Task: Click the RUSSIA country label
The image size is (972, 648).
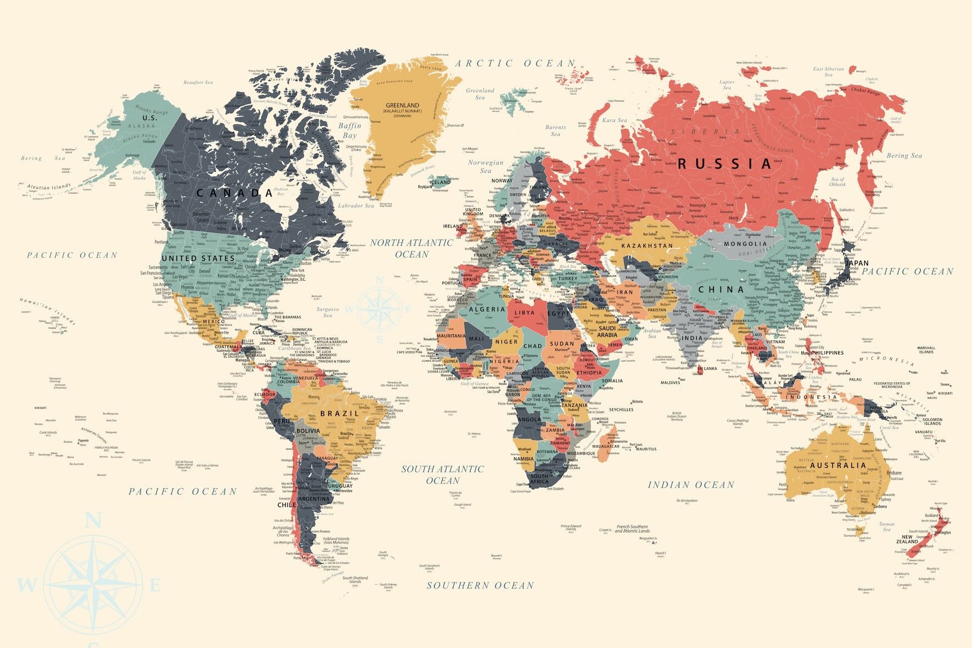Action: [725, 164]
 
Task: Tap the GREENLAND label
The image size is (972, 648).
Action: [402, 105]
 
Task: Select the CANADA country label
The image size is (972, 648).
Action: [235, 193]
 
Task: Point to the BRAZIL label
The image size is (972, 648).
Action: [340, 413]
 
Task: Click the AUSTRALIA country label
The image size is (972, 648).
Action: [838, 465]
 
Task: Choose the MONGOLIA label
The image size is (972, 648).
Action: [745, 243]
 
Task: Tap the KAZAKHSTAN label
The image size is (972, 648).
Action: [647, 246]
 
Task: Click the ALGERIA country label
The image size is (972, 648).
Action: [487, 309]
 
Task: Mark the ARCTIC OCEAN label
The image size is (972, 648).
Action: [515, 64]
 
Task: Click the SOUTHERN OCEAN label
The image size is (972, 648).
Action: [480, 585]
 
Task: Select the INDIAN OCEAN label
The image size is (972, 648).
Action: [691, 485]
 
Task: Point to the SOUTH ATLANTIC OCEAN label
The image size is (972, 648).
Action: [443, 475]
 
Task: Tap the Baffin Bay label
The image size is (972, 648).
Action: [350, 130]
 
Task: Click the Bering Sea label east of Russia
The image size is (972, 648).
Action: [904, 156]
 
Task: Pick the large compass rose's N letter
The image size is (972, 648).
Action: [94, 520]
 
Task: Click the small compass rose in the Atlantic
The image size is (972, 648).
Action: [379, 309]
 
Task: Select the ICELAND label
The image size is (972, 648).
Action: [440, 182]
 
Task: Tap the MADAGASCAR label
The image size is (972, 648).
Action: [605, 446]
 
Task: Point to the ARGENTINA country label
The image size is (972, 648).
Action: [314, 499]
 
